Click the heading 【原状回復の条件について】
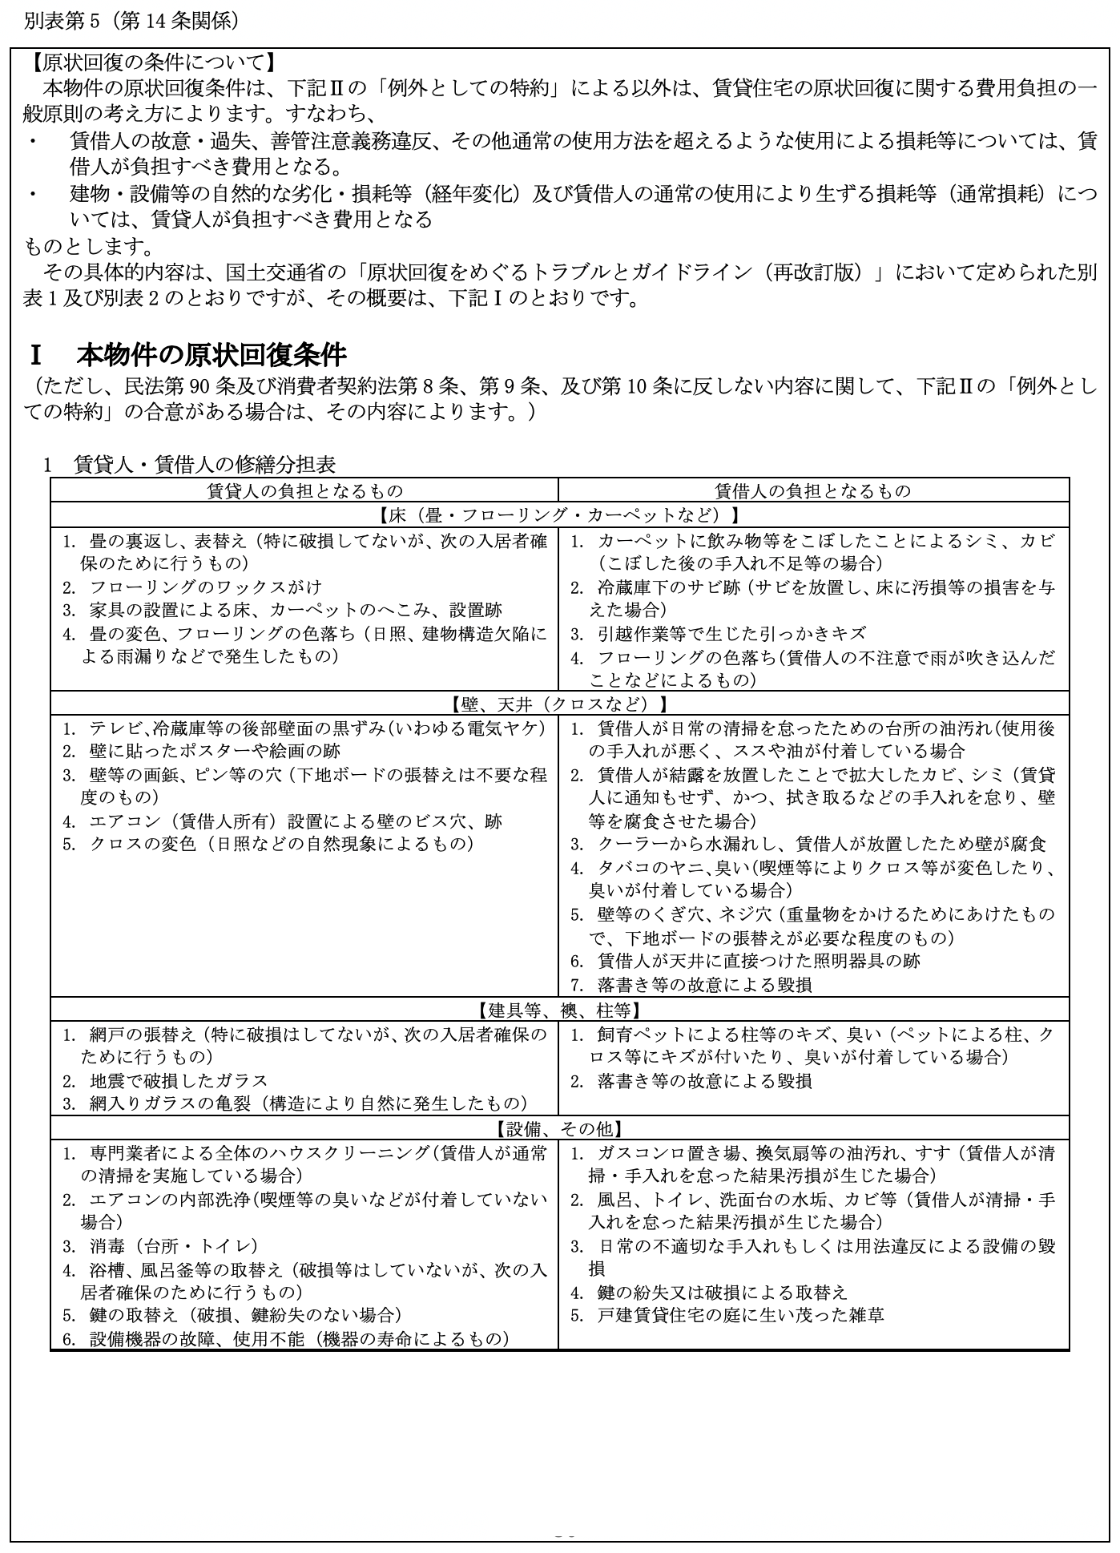150,62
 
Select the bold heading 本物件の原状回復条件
212,355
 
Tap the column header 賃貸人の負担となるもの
304,490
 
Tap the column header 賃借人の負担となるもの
813,490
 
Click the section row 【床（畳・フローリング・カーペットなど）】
559,514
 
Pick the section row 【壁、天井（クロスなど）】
559,704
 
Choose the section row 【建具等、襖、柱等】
559,1010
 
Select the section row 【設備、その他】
559,1128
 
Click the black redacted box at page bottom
567,1511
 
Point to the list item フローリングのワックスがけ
205,587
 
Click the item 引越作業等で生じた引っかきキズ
731,634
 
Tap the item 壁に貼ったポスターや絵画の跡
214,751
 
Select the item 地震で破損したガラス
178,1080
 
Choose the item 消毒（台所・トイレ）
173,1246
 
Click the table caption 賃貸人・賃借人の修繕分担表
204,464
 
